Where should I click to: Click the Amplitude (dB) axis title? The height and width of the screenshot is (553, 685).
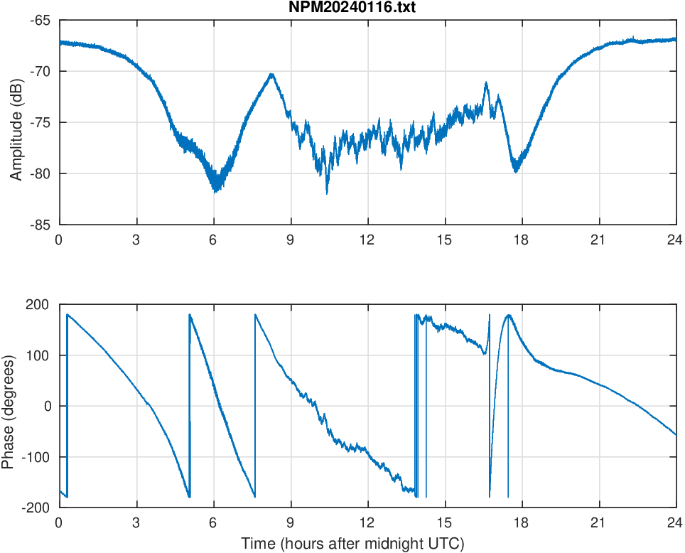tap(16, 122)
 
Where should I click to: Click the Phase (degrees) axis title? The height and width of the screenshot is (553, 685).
tap(8, 406)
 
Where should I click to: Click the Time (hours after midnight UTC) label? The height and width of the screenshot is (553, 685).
tap(352, 544)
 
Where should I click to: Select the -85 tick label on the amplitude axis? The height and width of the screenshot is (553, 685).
tap(39, 225)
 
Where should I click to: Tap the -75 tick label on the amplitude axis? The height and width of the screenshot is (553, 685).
tap(39, 122)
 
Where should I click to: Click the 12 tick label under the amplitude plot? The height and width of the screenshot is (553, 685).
tap(367, 240)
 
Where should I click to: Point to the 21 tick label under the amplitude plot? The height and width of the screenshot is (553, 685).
tap(598, 240)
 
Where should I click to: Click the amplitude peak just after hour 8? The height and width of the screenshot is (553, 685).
tap(271, 74)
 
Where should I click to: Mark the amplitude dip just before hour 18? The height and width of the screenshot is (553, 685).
tap(516, 171)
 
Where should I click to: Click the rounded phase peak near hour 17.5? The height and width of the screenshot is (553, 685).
tap(509, 315)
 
